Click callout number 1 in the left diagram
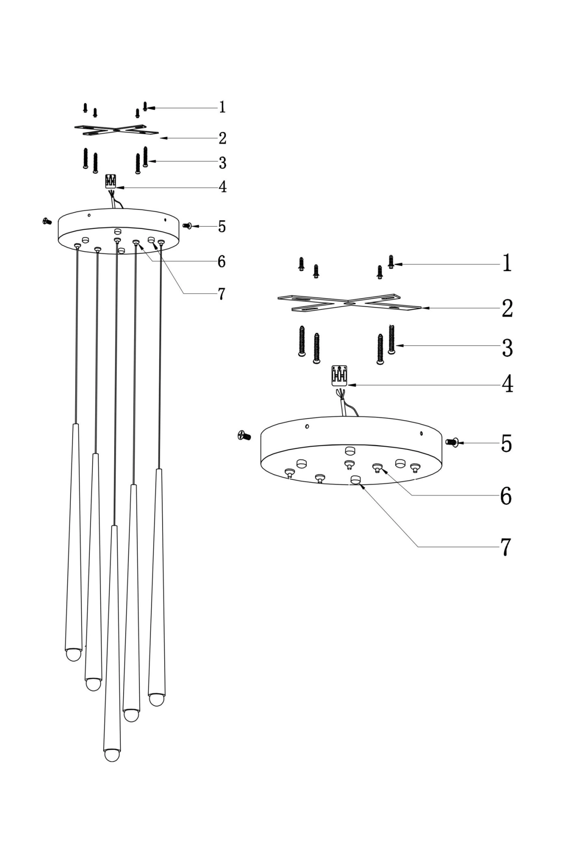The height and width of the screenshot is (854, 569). pyautogui.click(x=222, y=107)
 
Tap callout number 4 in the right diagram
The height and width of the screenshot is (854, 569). pyautogui.click(x=507, y=384)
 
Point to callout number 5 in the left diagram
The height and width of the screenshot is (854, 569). pyautogui.click(x=222, y=226)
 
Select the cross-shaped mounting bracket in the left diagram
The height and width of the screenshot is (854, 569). pyautogui.click(x=116, y=130)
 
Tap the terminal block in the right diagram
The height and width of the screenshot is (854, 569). pyautogui.click(x=339, y=375)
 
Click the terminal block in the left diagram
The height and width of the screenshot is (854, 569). pyautogui.click(x=111, y=181)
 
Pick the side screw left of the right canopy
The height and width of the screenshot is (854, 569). pyautogui.click(x=244, y=436)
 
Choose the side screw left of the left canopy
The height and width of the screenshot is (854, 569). pyautogui.click(x=47, y=221)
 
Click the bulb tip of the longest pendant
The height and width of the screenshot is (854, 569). pyautogui.click(x=112, y=755)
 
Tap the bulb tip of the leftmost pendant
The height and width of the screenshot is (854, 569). pyautogui.click(x=74, y=655)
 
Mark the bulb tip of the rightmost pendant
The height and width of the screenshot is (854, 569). pyautogui.click(x=156, y=700)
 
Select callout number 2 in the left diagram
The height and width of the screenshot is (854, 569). pyautogui.click(x=222, y=138)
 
